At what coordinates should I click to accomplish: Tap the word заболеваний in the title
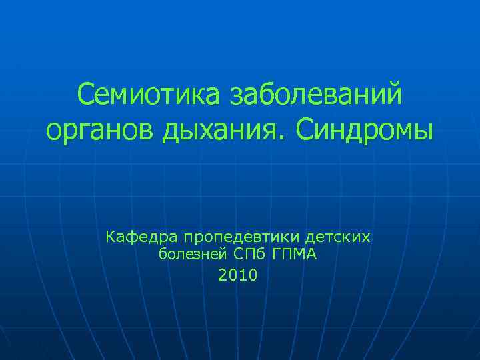[316, 95]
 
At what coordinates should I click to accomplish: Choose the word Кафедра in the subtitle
[141, 237]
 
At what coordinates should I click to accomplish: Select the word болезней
[192, 255]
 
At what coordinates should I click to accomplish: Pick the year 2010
[237, 274]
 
